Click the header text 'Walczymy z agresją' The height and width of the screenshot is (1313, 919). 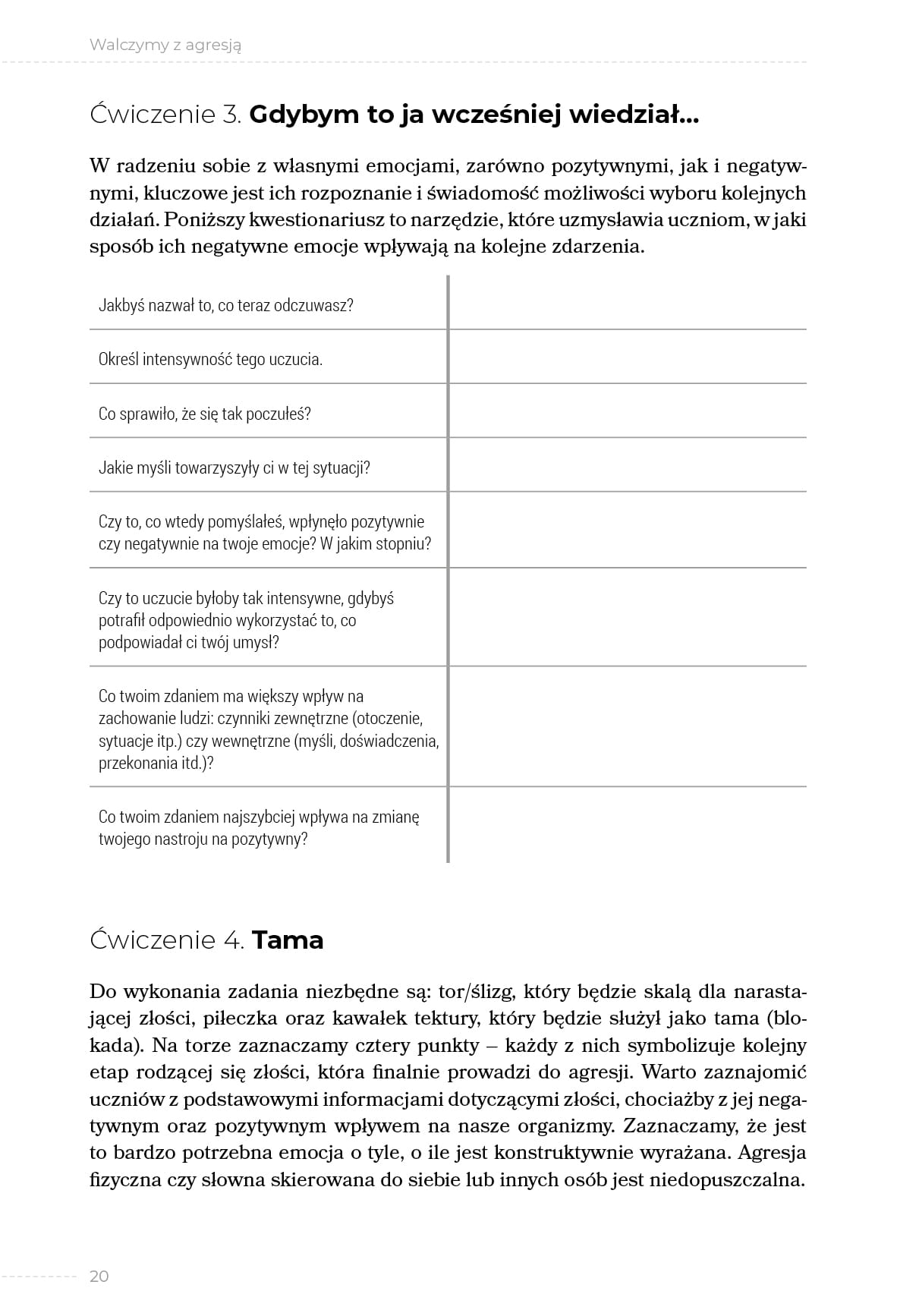pyautogui.click(x=165, y=45)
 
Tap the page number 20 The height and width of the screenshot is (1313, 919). pyautogui.click(x=99, y=1276)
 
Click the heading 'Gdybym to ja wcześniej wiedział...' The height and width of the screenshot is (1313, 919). pyautogui.click(x=474, y=115)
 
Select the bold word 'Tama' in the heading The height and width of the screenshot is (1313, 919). pyautogui.click(x=288, y=940)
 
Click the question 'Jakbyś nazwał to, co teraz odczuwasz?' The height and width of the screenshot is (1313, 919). pyautogui.click(x=226, y=305)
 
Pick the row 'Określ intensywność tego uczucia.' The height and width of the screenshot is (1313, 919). pyautogui.click(x=211, y=359)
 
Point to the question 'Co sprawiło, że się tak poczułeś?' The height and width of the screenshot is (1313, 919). pyautogui.click(x=205, y=414)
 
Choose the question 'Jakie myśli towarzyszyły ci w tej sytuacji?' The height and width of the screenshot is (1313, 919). pyautogui.click(x=234, y=468)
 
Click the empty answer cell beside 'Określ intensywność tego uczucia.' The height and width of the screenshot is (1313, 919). pyautogui.click(x=628, y=357)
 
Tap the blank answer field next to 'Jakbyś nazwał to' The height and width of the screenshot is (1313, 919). pyautogui.click(x=628, y=304)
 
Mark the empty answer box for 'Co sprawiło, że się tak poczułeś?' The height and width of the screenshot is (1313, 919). pyautogui.click(x=628, y=411)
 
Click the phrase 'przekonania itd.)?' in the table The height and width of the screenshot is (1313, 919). pyautogui.click(x=156, y=763)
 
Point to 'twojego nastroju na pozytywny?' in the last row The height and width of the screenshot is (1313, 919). pyautogui.click(x=203, y=839)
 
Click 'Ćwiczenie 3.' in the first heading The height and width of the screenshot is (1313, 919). pyautogui.click(x=165, y=115)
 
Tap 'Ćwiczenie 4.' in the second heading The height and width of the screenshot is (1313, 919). pyautogui.click(x=167, y=940)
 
